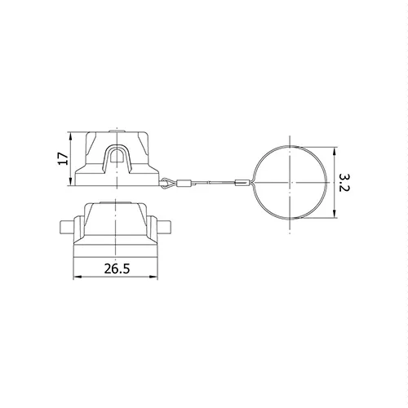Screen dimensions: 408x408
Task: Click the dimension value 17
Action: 63,158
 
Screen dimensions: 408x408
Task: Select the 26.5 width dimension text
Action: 117,269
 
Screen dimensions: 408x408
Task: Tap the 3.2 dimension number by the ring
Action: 344,183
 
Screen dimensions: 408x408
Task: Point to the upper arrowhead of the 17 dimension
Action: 71,136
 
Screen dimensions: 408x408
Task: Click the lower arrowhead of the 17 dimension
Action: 71,182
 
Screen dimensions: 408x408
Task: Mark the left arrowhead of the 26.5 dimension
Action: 78,277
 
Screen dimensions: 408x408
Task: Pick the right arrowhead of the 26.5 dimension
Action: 154,277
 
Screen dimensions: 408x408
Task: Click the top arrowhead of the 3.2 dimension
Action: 335,151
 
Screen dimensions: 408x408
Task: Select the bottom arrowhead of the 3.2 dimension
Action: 335,214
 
